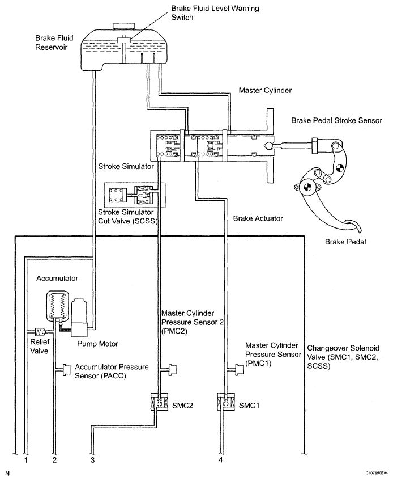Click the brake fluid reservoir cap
pos(122,26)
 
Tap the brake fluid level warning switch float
pos(124,40)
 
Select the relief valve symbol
pos(40,331)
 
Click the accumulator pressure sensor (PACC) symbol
pos(66,369)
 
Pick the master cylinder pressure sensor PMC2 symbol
pos(173,369)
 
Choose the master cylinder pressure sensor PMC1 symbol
pos(239,369)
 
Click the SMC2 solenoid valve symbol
pos(159,402)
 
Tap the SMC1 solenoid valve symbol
pos(226,402)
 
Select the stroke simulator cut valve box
pos(135,195)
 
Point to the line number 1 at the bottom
pos(26,460)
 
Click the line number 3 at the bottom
pos(92,460)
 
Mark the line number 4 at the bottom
pos(220,460)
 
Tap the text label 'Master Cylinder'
pos(265,91)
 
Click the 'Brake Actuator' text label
pos(258,218)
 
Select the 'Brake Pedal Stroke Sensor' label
pos(336,120)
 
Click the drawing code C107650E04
pos(377,474)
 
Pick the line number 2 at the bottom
pos(54,460)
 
